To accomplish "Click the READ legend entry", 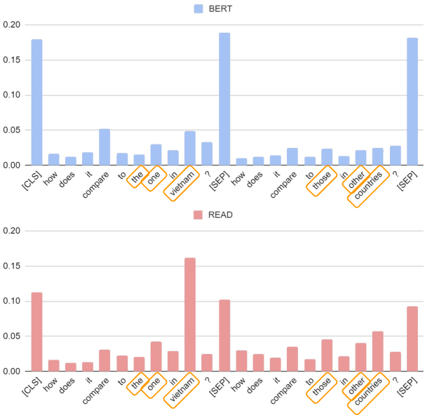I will (x=215, y=215).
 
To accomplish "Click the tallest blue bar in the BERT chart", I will (x=224, y=99).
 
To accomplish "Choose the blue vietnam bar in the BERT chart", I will (x=190, y=148).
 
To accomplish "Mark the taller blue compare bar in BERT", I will (x=104, y=147).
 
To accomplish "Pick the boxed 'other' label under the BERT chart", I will (x=357, y=181).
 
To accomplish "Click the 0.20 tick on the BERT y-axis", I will (x=13, y=25).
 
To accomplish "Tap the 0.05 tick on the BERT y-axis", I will (x=13, y=130).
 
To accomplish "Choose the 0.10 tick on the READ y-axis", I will (x=13, y=301).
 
